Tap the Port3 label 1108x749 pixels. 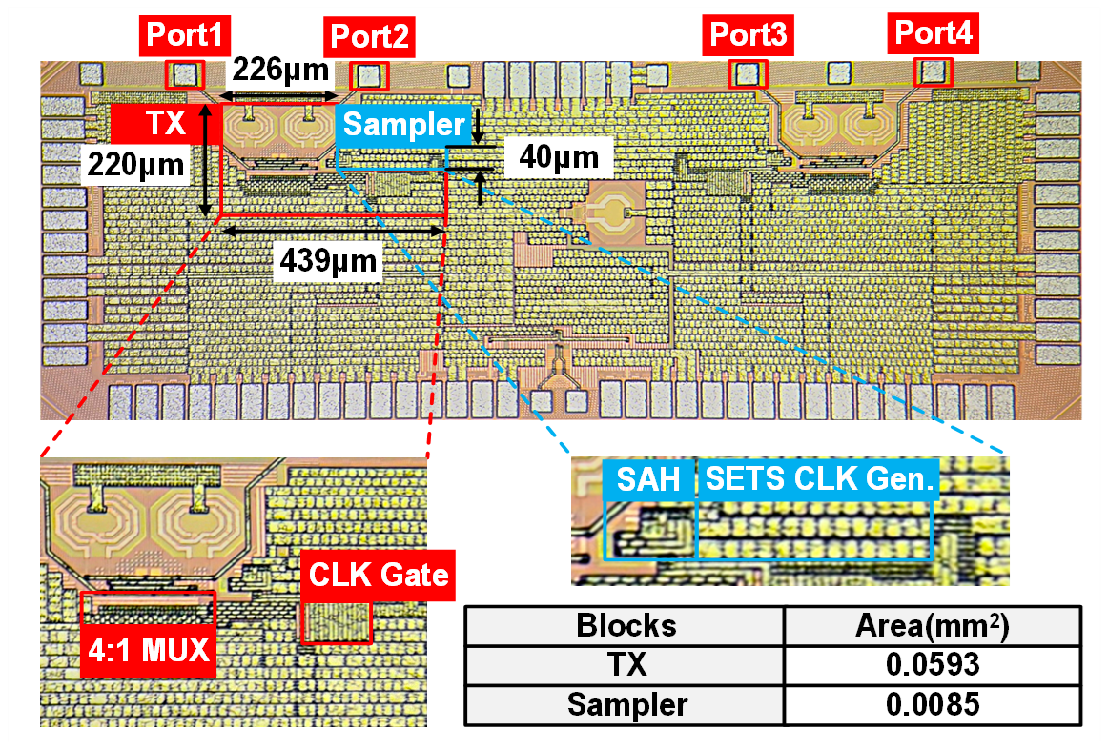point(749,37)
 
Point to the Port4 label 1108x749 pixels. point(934,35)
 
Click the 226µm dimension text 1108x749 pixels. point(281,70)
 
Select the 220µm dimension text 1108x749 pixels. point(134,165)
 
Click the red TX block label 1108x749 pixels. point(166,124)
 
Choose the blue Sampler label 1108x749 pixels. point(403,124)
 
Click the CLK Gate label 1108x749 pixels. point(379,576)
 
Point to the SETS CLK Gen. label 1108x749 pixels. point(818,479)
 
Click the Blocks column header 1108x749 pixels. point(626,626)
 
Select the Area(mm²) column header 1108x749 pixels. point(932,626)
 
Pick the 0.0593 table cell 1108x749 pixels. point(932,665)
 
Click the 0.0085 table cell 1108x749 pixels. point(932,704)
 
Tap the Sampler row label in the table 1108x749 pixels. point(626,704)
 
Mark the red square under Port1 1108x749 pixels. point(185,74)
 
